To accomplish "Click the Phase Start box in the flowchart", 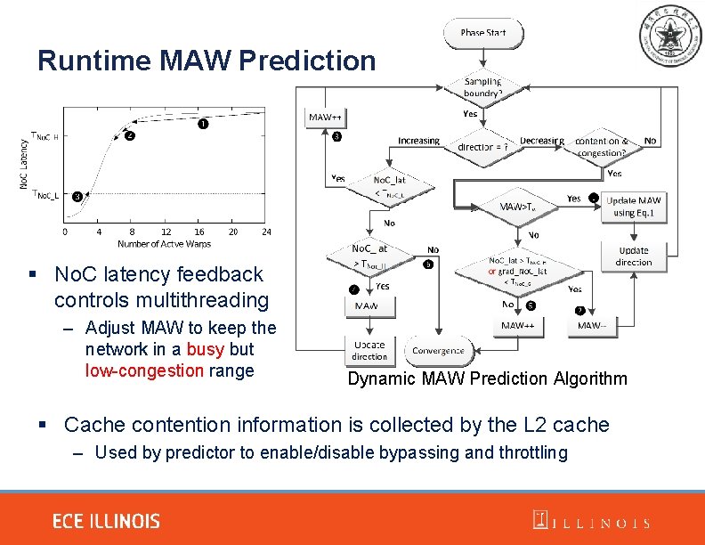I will [483, 33].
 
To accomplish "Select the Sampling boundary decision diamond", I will [482, 87].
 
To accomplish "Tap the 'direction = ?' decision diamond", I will [482, 146].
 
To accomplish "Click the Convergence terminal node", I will [438, 351].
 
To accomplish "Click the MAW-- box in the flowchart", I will [591, 326].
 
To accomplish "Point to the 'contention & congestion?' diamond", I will [602, 146].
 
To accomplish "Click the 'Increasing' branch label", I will [418, 141].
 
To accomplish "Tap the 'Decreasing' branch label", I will [542, 141].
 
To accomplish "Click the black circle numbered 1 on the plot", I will [204, 124].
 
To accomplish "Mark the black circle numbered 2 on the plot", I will [130, 137].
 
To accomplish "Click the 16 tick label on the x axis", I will [199, 232].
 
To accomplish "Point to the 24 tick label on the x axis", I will [265, 232].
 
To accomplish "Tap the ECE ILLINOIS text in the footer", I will [106, 522].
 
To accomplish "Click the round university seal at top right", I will [669, 37].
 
